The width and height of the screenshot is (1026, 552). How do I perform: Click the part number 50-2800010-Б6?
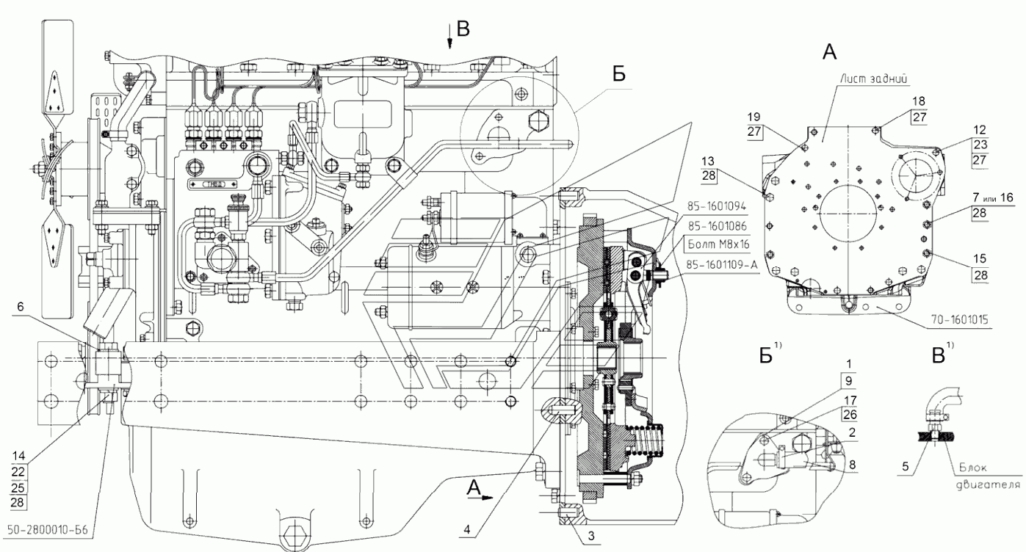(x=48, y=530)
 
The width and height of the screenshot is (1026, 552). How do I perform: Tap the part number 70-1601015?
(x=958, y=319)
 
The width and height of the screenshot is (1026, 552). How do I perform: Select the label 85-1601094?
(x=717, y=206)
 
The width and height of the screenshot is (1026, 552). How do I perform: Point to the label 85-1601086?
(x=717, y=225)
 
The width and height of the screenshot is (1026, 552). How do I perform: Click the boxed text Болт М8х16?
(x=718, y=244)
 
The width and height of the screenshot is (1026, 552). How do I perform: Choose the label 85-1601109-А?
(x=723, y=264)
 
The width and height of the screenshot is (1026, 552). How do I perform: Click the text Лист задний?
(x=873, y=79)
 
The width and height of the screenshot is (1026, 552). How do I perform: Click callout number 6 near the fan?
(x=20, y=307)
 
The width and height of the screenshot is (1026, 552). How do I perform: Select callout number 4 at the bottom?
(x=467, y=529)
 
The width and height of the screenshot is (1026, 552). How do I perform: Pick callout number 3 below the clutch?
(x=591, y=536)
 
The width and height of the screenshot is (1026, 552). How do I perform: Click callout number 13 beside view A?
(x=708, y=161)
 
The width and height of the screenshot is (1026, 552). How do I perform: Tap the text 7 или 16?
(x=992, y=197)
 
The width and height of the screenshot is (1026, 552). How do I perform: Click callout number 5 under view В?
(x=905, y=466)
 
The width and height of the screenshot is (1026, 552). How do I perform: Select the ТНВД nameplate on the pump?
(x=214, y=184)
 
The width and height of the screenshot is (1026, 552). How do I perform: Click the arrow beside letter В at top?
(x=449, y=37)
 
